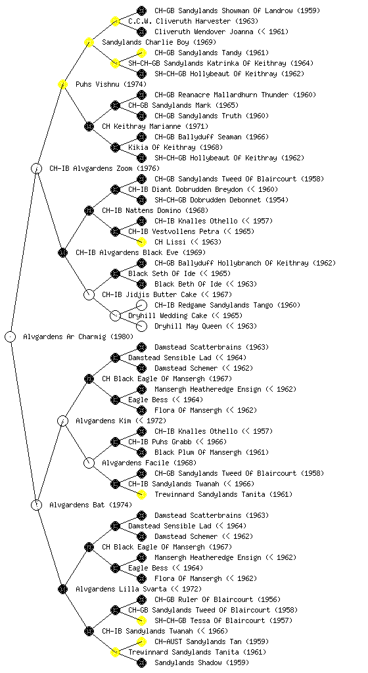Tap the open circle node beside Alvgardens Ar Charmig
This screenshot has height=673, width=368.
(11, 336)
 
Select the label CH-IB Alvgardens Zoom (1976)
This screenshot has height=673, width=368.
(104, 168)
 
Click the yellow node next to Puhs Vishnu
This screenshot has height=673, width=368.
(62, 84)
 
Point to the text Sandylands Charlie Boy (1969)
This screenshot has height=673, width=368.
(159, 42)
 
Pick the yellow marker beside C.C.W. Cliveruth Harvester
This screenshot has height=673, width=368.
(115, 21)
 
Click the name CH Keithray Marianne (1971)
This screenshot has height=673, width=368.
(155, 126)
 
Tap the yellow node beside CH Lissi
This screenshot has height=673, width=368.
(141, 242)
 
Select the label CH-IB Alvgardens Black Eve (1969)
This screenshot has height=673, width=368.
(141, 252)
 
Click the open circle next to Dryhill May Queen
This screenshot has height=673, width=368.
(141, 326)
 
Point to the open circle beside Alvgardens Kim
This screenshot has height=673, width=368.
(62, 421)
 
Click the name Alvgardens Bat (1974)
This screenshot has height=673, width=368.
(91, 505)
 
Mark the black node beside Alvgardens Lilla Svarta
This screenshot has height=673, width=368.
(62, 589)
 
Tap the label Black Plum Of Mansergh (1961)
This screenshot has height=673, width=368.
(212, 452)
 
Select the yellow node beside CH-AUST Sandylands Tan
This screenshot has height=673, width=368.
(141, 641)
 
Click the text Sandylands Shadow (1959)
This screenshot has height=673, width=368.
(202, 662)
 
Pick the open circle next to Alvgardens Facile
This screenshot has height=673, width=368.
(89, 463)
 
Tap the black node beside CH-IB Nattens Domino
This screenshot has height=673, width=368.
(89, 210)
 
